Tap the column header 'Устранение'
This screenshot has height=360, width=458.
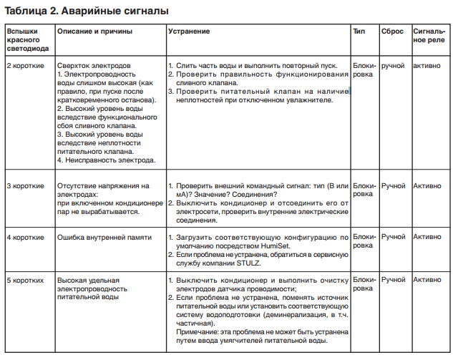point(189,32)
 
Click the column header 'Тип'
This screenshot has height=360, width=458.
point(359,32)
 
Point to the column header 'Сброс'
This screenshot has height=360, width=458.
point(393,32)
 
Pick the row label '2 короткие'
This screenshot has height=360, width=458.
point(25,65)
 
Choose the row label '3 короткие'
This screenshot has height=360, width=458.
point(25,185)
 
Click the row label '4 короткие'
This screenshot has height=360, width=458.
point(25,236)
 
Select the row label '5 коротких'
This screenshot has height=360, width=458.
point(25,279)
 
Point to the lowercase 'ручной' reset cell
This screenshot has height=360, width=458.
point(394,65)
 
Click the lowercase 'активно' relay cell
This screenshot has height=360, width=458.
point(427,65)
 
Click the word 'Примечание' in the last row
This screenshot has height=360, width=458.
point(200,331)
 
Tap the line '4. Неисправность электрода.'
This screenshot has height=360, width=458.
point(100,160)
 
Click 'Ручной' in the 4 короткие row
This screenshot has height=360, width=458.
point(394,236)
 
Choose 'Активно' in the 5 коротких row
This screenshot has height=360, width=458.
point(428,279)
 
